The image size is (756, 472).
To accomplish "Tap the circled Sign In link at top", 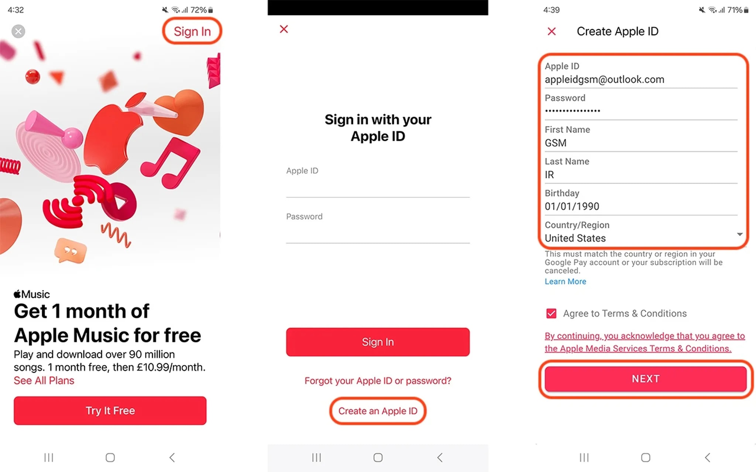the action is point(192,31).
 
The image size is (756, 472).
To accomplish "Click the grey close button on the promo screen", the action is point(18,31).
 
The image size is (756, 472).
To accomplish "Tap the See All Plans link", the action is point(44,381).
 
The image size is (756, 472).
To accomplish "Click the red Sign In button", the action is point(378,342).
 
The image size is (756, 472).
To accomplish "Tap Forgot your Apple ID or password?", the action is point(378,381).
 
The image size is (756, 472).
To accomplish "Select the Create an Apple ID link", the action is point(378,411).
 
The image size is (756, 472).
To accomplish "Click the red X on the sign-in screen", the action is point(284,29).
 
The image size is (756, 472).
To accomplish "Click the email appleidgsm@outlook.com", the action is point(604,79).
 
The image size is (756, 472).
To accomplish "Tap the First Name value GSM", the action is point(556,143).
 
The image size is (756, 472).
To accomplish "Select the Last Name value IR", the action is point(549,175).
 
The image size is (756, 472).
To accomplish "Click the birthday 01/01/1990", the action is point(572,206).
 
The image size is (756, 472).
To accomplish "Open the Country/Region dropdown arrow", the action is point(740,234).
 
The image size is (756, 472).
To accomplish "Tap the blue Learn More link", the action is point(565,281).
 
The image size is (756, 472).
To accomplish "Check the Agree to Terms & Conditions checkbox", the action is point(551,313).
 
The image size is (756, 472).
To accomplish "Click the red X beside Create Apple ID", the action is point(551,31).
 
